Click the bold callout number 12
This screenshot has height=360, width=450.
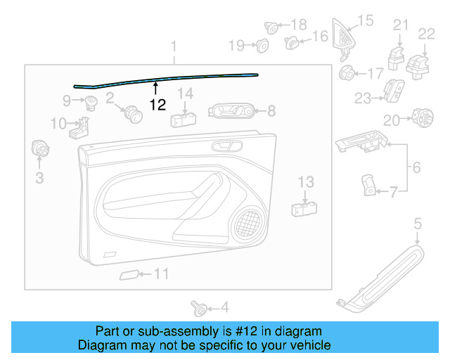[x=157, y=105]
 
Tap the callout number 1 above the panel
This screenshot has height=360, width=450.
[x=174, y=48]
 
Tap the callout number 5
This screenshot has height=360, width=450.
[x=417, y=224]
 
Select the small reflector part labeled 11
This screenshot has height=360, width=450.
[x=129, y=275]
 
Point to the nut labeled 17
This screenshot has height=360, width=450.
[x=347, y=72]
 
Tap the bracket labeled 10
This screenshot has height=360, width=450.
[x=82, y=128]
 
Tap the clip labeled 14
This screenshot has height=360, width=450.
[x=183, y=115]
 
